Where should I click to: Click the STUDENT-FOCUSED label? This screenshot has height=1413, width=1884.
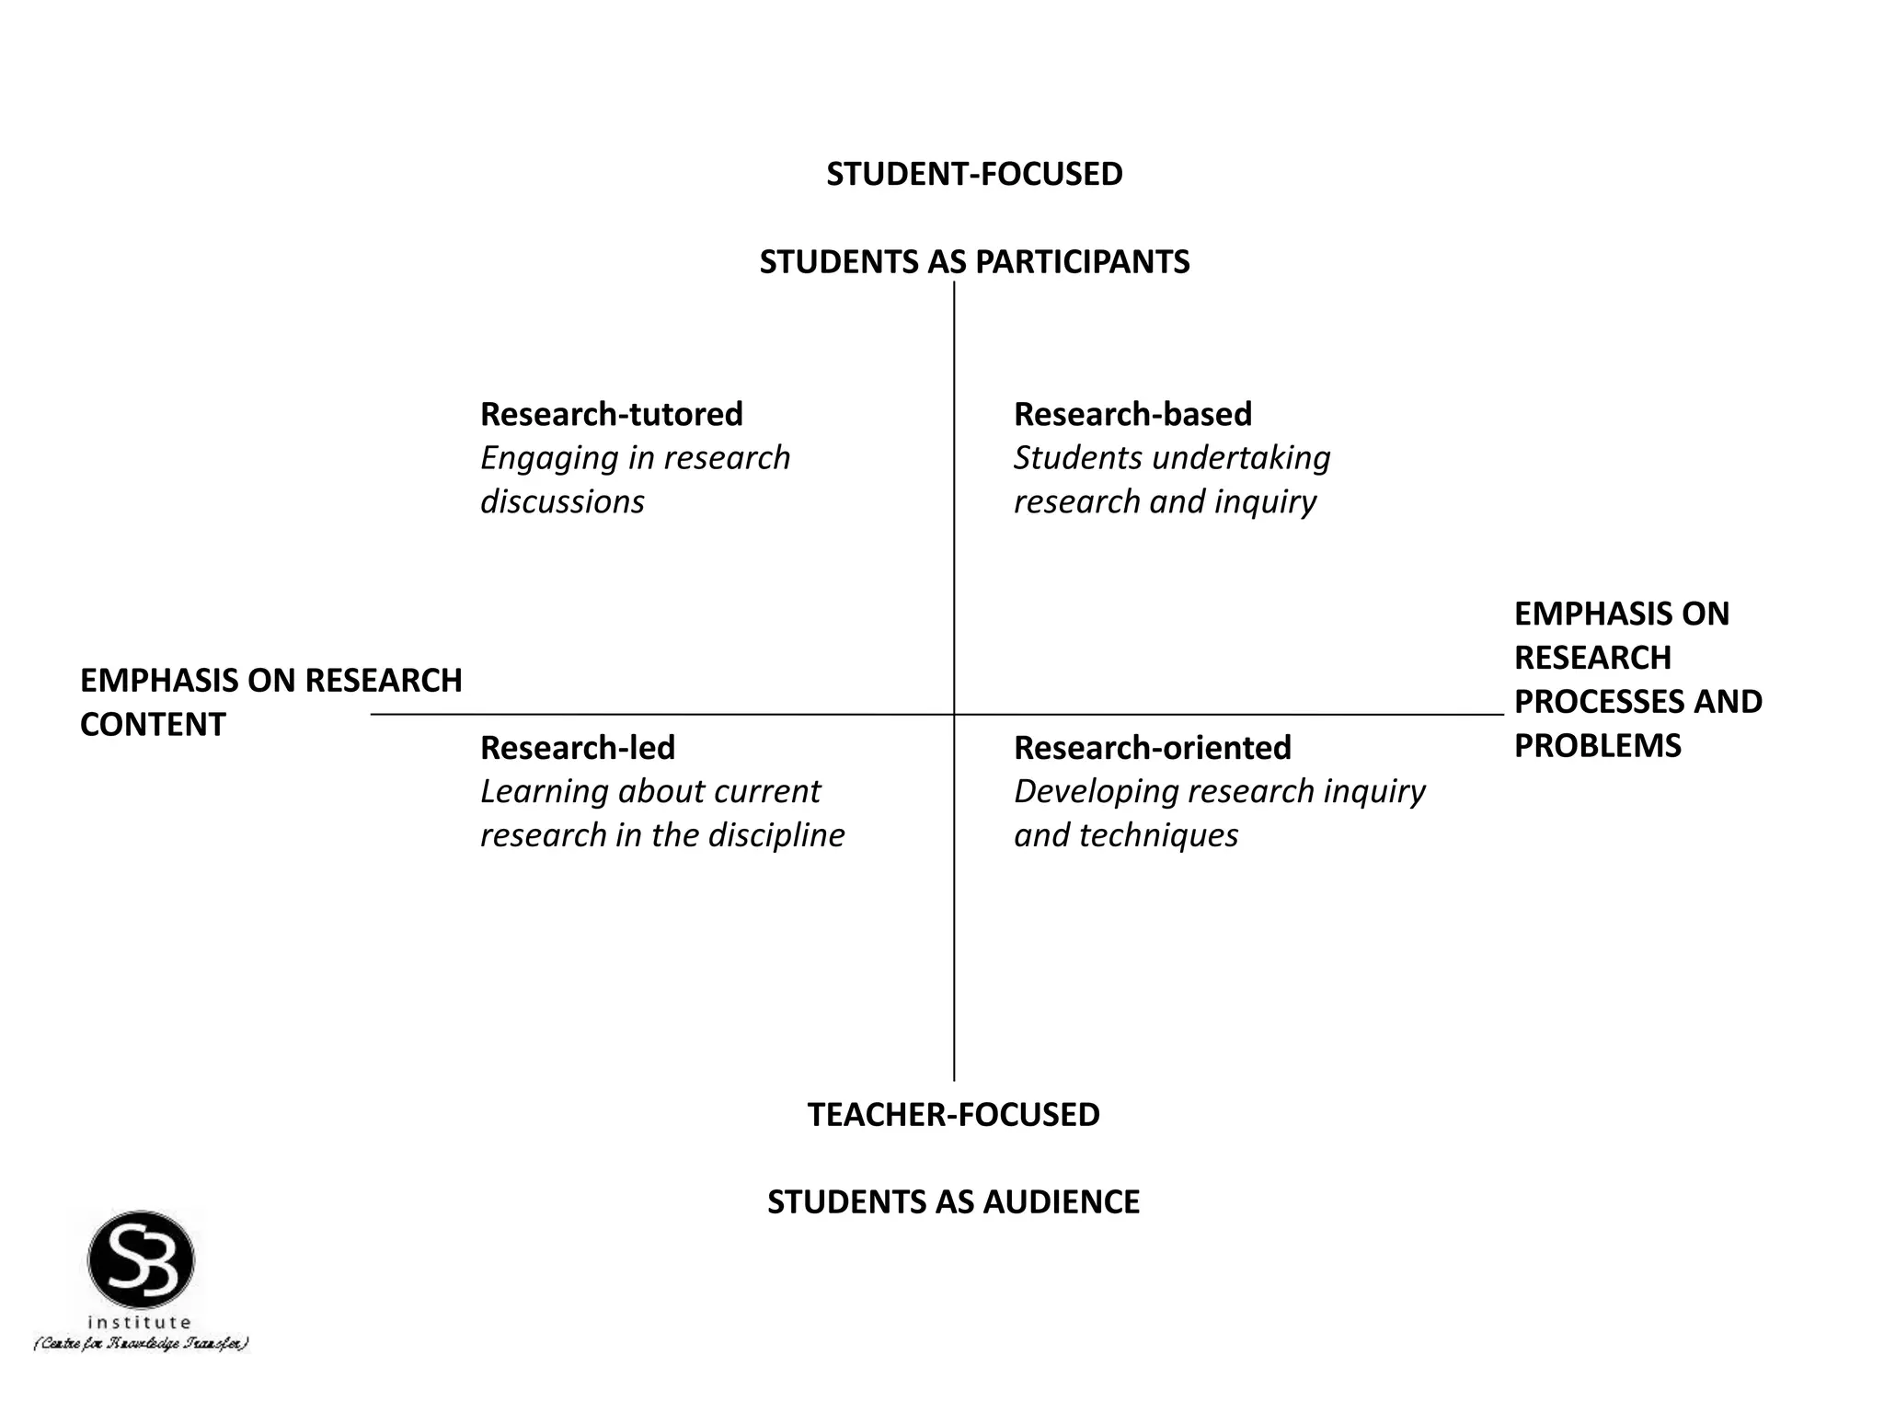pos(974,174)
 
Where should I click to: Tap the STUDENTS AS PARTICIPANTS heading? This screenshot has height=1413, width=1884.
pos(974,262)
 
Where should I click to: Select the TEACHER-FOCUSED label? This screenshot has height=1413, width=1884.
pos(953,1114)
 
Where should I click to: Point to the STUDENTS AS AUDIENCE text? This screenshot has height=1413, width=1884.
pos(953,1201)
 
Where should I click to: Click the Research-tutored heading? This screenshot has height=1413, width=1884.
pos(611,414)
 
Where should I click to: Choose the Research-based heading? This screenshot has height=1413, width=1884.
pos(1132,414)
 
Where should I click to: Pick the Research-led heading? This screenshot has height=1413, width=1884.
pos(577,748)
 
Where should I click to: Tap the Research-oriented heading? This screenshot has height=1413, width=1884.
pos(1152,748)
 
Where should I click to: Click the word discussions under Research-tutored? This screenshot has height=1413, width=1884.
pos(562,501)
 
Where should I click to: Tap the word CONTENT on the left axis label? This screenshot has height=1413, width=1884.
pos(153,725)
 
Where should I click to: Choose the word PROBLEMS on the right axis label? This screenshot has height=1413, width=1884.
pos(1597,745)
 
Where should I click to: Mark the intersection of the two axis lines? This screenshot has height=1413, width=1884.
pos(954,714)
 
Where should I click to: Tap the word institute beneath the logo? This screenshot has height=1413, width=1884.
pos(140,1322)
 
